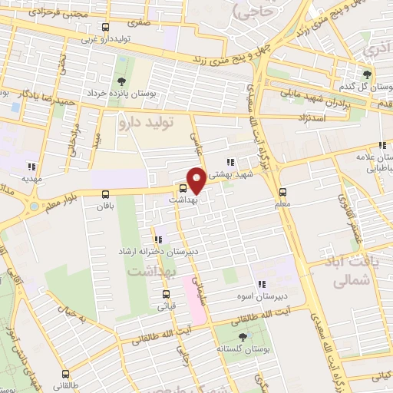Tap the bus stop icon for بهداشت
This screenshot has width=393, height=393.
click(183, 188)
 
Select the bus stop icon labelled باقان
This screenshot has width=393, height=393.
click(105, 194)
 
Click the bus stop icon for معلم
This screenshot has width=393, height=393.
click(282, 192)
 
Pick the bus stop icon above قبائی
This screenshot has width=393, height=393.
click(167, 294)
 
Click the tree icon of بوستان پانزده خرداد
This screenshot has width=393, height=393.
click(121, 82)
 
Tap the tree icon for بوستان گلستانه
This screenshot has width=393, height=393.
click(243, 337)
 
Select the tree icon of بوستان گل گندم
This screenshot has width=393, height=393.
click(368, 74)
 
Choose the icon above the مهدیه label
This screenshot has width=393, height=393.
click(31, 167)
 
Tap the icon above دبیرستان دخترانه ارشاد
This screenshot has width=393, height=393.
click(157, 240)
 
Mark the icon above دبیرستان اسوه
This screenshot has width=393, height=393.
click(262, 283)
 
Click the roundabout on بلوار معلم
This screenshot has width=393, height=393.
click(35, 206)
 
